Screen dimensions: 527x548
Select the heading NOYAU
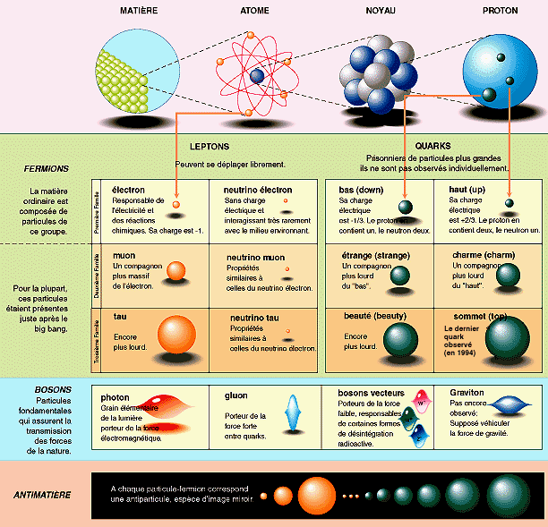point(381,10)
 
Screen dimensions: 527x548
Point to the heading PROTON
point(500,10)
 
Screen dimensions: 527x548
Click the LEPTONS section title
point(210,146)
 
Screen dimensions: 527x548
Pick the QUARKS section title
point(432,146)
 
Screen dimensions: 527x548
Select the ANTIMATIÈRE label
point(43,494)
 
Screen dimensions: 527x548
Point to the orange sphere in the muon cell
point(176,270)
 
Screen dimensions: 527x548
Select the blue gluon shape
point(290,414)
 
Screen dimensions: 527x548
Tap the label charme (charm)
point(480,256)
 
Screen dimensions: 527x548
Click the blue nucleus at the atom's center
point(258,77)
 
